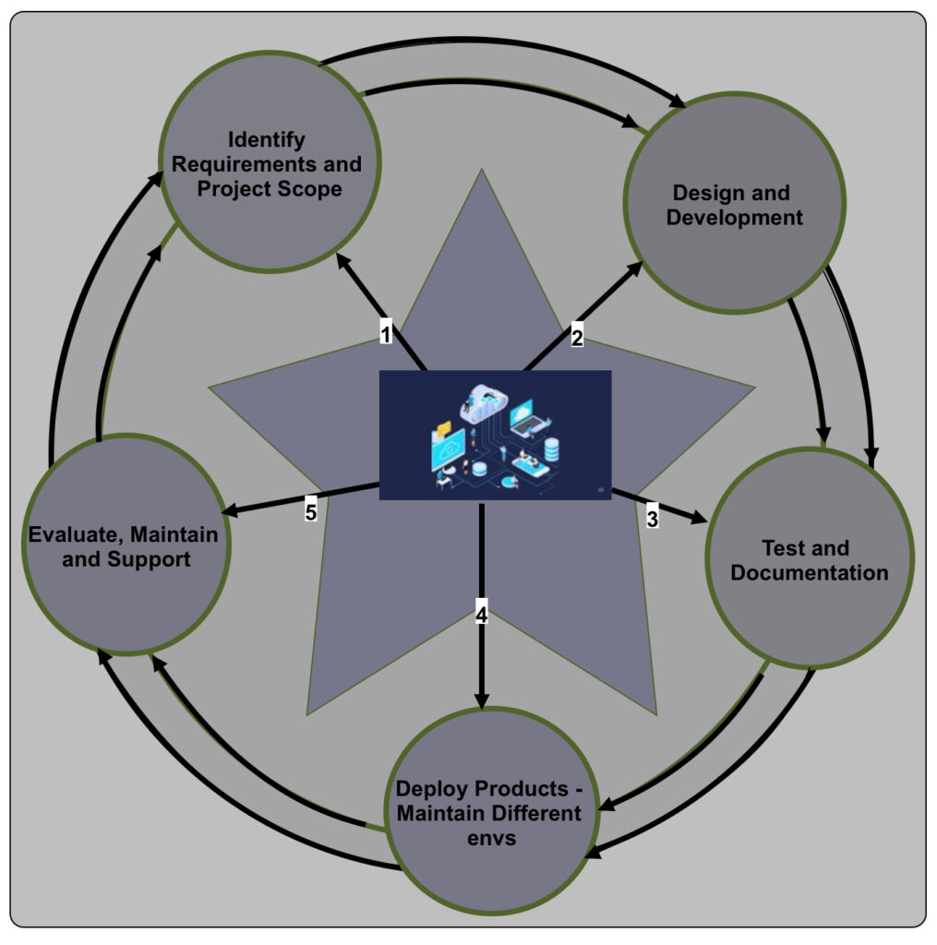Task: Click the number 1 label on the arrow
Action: [386, 332]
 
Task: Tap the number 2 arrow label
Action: [577, 337]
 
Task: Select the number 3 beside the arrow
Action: [652, 518]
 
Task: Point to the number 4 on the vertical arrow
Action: [481, 610]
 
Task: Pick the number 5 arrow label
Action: [311, 511]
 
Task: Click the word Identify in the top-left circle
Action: [267, 140]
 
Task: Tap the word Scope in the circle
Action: [313, 189]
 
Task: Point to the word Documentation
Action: [809, 572]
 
